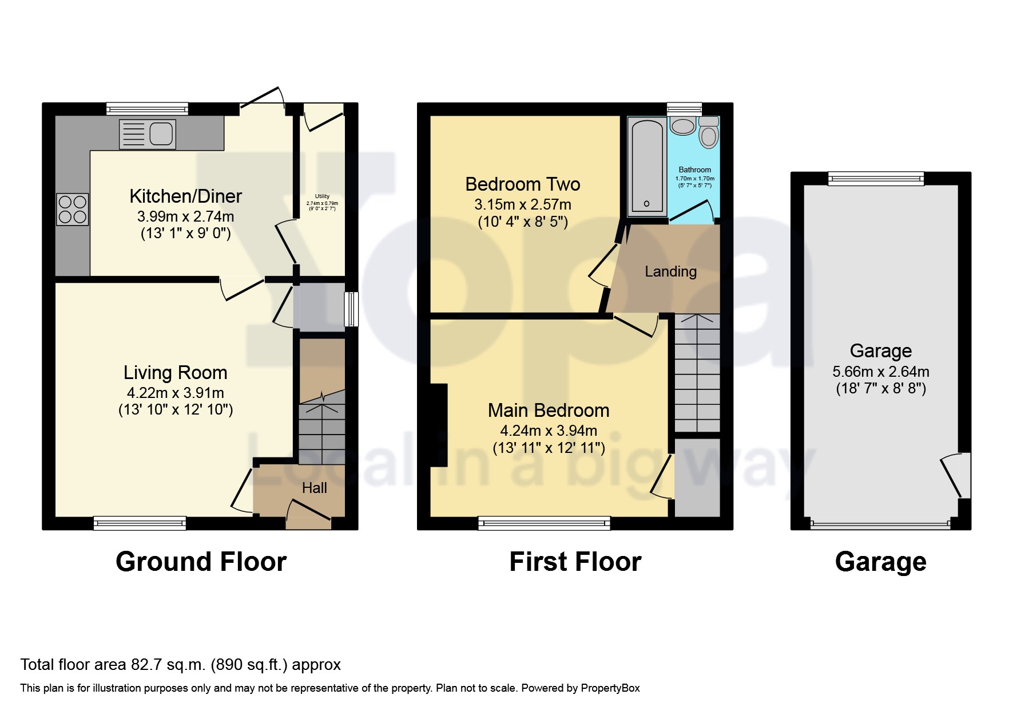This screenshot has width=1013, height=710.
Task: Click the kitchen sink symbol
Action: (148, 135)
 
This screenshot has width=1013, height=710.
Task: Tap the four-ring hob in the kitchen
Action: (73, 210)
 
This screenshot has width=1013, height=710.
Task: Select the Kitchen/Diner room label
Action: (185, 196)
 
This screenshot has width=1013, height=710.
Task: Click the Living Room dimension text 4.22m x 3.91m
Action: (175, 393)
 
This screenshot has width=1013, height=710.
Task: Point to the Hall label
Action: (314, 488)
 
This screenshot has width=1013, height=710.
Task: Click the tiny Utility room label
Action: (322, 196)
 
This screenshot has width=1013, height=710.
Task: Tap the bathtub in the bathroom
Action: (647, 167)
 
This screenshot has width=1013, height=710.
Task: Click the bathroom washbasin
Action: (682, 126)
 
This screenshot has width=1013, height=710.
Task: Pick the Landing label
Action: (670, 271)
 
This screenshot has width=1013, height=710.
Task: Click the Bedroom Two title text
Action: (522, 184)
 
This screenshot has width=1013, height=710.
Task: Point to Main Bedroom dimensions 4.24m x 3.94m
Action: (548, 431)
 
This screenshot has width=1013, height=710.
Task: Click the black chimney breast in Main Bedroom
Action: (439, 425)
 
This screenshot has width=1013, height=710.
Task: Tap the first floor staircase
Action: (697, 372)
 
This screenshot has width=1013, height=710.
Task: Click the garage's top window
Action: (876, 179)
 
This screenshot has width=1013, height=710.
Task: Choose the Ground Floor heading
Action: (201, 562)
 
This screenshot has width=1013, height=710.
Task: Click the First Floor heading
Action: (575, 562)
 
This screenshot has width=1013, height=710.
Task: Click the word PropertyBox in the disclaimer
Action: (610, 688)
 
